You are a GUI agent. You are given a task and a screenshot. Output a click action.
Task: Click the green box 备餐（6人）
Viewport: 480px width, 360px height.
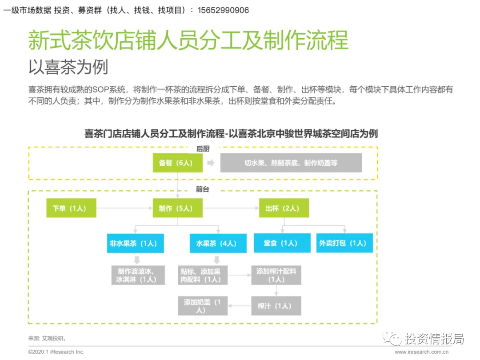[178, 163]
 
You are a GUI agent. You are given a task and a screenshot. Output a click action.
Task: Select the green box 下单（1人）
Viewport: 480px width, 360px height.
[72, 208]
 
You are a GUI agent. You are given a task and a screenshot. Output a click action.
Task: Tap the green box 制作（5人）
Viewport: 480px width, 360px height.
[178, 208]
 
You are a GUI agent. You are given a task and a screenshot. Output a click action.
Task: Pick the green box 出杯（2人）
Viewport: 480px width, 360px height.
[284, 208]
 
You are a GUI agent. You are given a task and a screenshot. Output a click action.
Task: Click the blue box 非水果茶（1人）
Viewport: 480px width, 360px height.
[132, 244]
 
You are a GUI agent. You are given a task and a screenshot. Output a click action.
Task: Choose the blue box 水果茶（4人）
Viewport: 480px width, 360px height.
[215, 244]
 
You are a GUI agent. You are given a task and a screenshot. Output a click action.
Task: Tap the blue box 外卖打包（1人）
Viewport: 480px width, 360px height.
[344, 244]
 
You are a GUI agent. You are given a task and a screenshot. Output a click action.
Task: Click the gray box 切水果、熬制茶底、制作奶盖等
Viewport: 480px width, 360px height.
[291, 163]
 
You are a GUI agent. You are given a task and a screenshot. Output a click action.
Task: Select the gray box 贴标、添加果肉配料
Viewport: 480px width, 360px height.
[203, 275]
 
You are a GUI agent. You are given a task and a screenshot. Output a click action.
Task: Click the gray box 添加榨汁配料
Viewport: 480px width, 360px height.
[276, 275]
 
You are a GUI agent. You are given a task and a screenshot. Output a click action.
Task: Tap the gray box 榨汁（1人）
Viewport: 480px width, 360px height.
[276, 306]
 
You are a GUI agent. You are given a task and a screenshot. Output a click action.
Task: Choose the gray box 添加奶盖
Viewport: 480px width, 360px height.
[203, 306]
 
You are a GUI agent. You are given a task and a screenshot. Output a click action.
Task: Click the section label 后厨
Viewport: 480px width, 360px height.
[203, 149]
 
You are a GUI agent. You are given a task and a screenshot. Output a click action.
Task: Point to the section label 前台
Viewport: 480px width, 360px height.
[203, 189]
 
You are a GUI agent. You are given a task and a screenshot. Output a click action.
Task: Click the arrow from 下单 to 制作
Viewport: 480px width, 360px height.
[124, 208]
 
